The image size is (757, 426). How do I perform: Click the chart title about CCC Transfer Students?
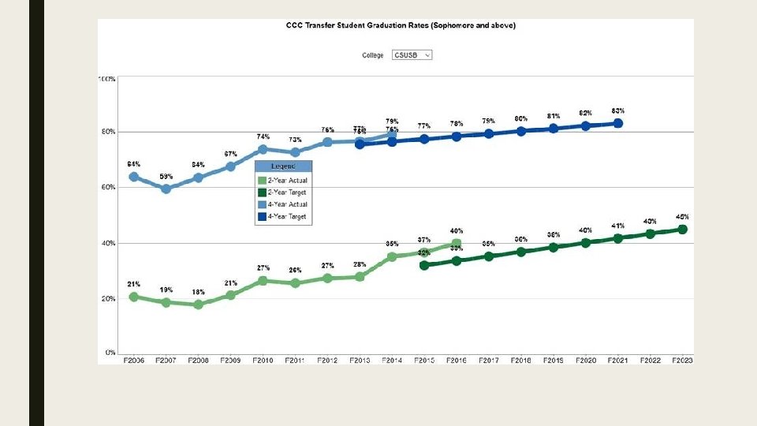click(x=400, y=25)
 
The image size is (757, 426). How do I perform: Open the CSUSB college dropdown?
click(x=412, y=55)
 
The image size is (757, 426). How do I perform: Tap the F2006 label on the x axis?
click(x=133, y=360)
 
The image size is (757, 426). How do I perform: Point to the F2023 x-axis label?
click(x=683, y=360)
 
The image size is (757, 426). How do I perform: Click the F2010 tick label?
click(x=263, y=360)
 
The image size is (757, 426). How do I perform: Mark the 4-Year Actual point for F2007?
click(x=166, y=189)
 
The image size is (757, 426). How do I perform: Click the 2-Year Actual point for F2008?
click(x=198, y=305)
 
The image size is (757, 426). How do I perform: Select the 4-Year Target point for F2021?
click(x=618, y=123)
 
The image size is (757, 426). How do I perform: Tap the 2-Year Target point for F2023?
click(x=683, y=230)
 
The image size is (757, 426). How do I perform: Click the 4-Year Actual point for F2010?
click(x=263, y=149)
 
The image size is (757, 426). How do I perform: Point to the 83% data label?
click(x=618, y=110)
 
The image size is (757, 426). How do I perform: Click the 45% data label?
click(x=683, y=217)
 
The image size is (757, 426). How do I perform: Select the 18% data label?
click(x=198, y=292)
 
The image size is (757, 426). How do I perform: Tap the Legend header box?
click(x=284, y=166)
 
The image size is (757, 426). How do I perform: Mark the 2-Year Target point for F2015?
click(x=424, y=265)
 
